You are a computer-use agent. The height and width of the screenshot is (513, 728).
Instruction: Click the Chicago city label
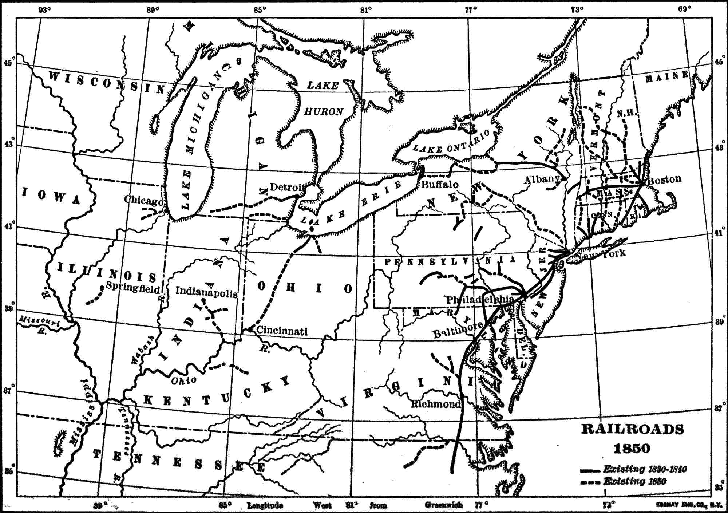point(144,200)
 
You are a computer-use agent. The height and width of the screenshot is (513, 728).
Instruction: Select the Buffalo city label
point(440,184)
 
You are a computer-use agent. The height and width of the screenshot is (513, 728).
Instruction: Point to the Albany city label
point(542,179)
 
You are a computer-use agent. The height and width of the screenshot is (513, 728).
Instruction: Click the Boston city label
point(665,179)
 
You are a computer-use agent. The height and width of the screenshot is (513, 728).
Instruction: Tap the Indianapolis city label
point(206,292)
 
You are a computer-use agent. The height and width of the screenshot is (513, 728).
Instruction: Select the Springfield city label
point(133,288)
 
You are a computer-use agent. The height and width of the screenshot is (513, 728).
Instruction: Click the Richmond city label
point(436,404)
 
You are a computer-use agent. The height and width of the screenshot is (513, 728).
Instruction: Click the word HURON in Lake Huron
point(324,112)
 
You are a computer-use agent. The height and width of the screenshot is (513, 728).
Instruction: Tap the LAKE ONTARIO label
point(451,143)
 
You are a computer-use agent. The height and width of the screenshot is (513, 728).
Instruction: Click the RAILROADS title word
point(632,430)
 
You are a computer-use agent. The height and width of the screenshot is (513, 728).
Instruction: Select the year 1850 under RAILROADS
point(632,448)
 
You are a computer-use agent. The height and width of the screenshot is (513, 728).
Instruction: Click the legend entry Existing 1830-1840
point(645,469)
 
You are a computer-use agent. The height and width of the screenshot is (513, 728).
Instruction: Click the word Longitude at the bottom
point(265,505)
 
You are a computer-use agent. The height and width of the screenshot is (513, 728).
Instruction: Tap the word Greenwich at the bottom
point(443,505)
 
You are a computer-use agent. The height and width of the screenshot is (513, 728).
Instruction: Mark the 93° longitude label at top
point(45,10)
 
